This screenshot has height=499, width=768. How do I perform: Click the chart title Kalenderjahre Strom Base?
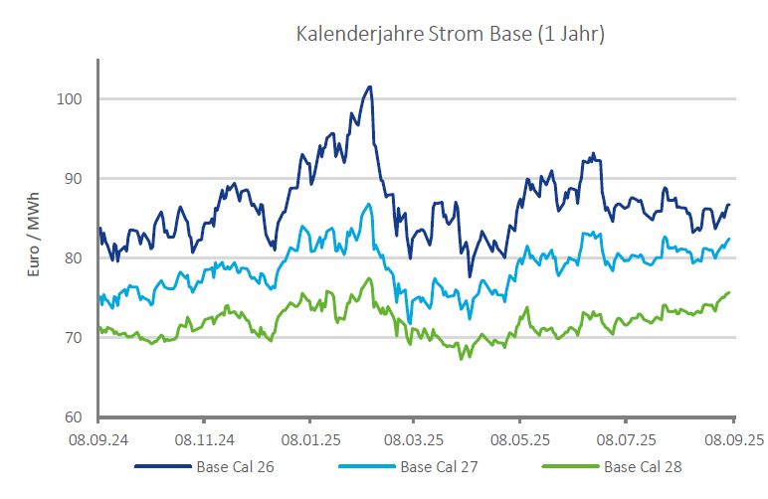451,34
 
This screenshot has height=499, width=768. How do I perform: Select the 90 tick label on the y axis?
75,179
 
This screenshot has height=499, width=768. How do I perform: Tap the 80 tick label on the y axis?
75,258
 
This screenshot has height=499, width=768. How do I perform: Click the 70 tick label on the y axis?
75,338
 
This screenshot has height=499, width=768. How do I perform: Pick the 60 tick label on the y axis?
75,417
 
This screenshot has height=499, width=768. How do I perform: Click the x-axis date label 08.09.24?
98,438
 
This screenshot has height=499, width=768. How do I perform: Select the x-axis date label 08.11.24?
204,438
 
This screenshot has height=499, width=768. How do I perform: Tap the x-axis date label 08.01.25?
310,438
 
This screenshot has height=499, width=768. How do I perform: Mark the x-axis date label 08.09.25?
733,438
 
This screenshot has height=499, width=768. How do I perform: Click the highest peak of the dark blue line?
370,86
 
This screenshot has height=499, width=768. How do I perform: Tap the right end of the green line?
730,292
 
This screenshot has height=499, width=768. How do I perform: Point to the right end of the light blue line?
729,239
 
